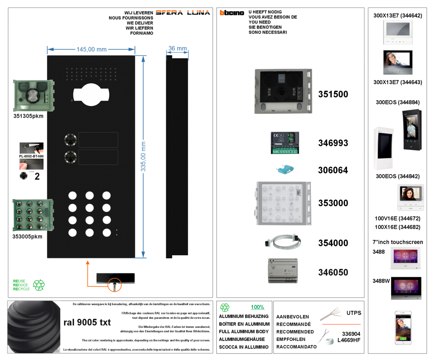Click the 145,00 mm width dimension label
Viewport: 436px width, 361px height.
coord(92,49)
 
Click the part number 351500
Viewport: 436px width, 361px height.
coord(333,94)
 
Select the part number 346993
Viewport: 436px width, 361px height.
coord(333,143)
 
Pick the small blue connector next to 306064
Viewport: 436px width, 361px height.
coord(284,169)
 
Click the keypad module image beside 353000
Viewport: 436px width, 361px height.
coord(283,204)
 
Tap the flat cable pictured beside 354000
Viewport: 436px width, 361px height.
coord(284,242)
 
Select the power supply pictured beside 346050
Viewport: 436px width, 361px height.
coord(283,271)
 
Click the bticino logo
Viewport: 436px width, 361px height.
coord(232,13)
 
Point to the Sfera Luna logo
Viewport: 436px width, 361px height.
coord(183,13)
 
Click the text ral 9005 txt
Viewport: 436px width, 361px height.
coord(87,323)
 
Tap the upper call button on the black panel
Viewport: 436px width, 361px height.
coord(70,140)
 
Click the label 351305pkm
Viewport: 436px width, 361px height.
coord(28,116)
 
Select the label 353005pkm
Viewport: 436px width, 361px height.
coord(27,236)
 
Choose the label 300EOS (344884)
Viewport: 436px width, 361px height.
coord(397,102)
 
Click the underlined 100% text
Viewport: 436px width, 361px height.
coord(257,307)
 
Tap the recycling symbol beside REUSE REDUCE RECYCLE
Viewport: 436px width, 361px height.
coord(39,285)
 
